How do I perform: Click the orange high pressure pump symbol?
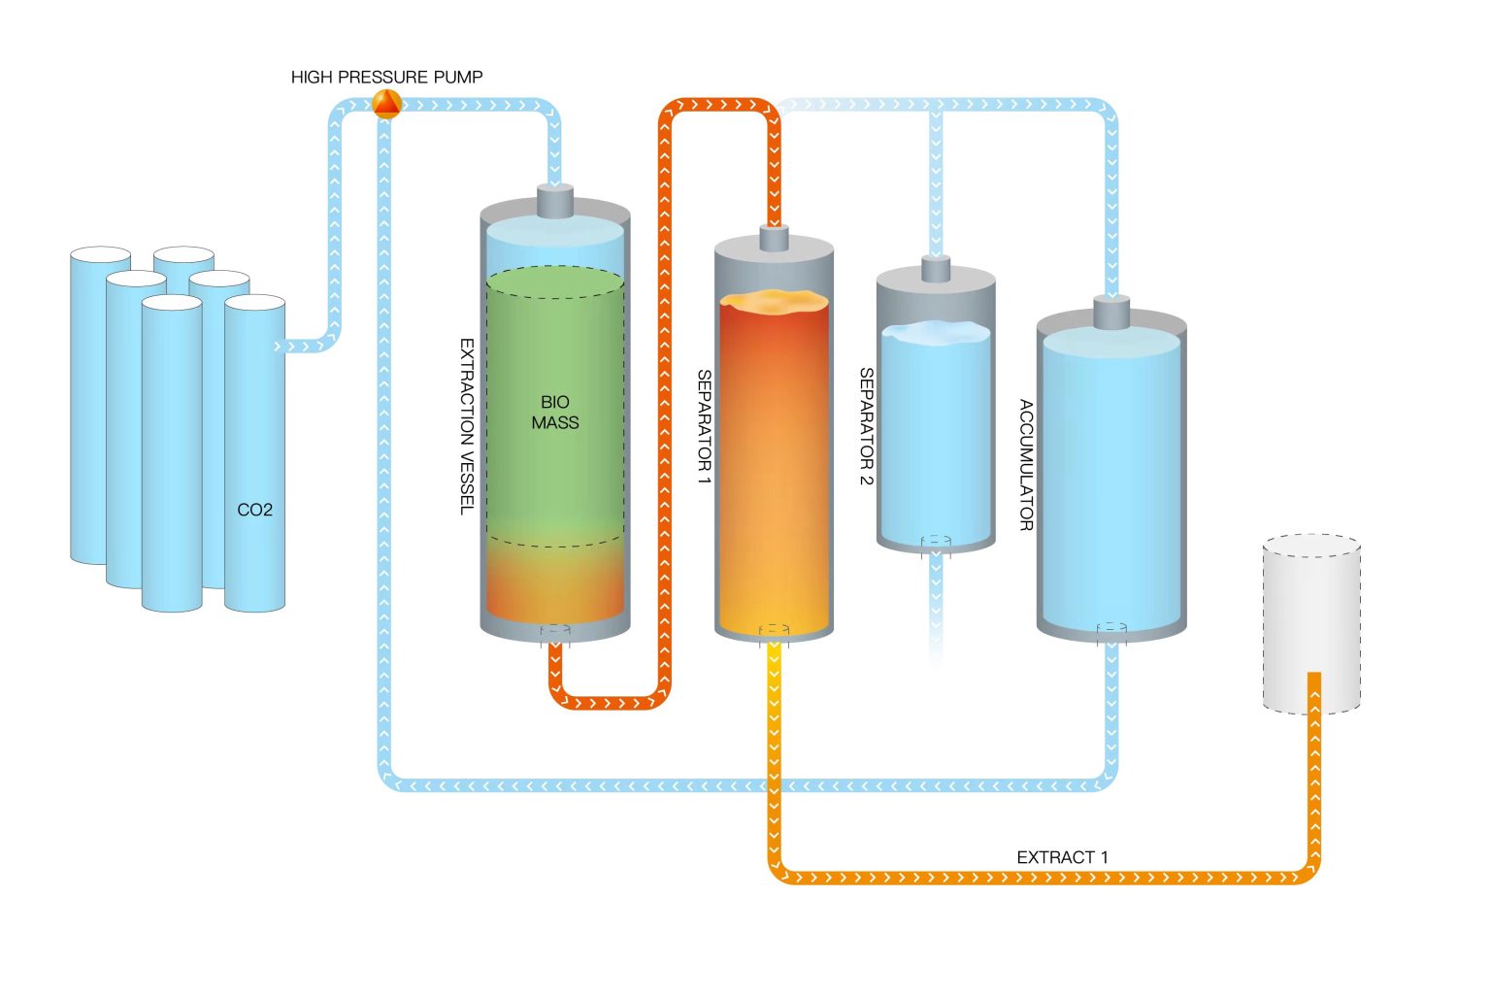click(386, 104)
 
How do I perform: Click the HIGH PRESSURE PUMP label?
click(386, 77)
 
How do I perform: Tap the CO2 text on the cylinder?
click(254, 510)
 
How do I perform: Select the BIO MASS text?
click(554, 413)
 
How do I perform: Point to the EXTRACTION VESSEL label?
click(467, 426)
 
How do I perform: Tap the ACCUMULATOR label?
click(1026, 465)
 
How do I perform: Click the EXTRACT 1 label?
click(1061, 857)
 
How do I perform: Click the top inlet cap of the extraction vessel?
click(555, 202)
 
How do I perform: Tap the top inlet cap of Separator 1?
click(774, 239)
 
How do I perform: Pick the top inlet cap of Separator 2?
click(935, 269)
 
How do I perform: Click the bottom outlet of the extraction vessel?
click(555, 634)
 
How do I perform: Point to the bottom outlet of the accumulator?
click(1111, 634)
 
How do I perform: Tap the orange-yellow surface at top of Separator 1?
click(774, 302)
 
